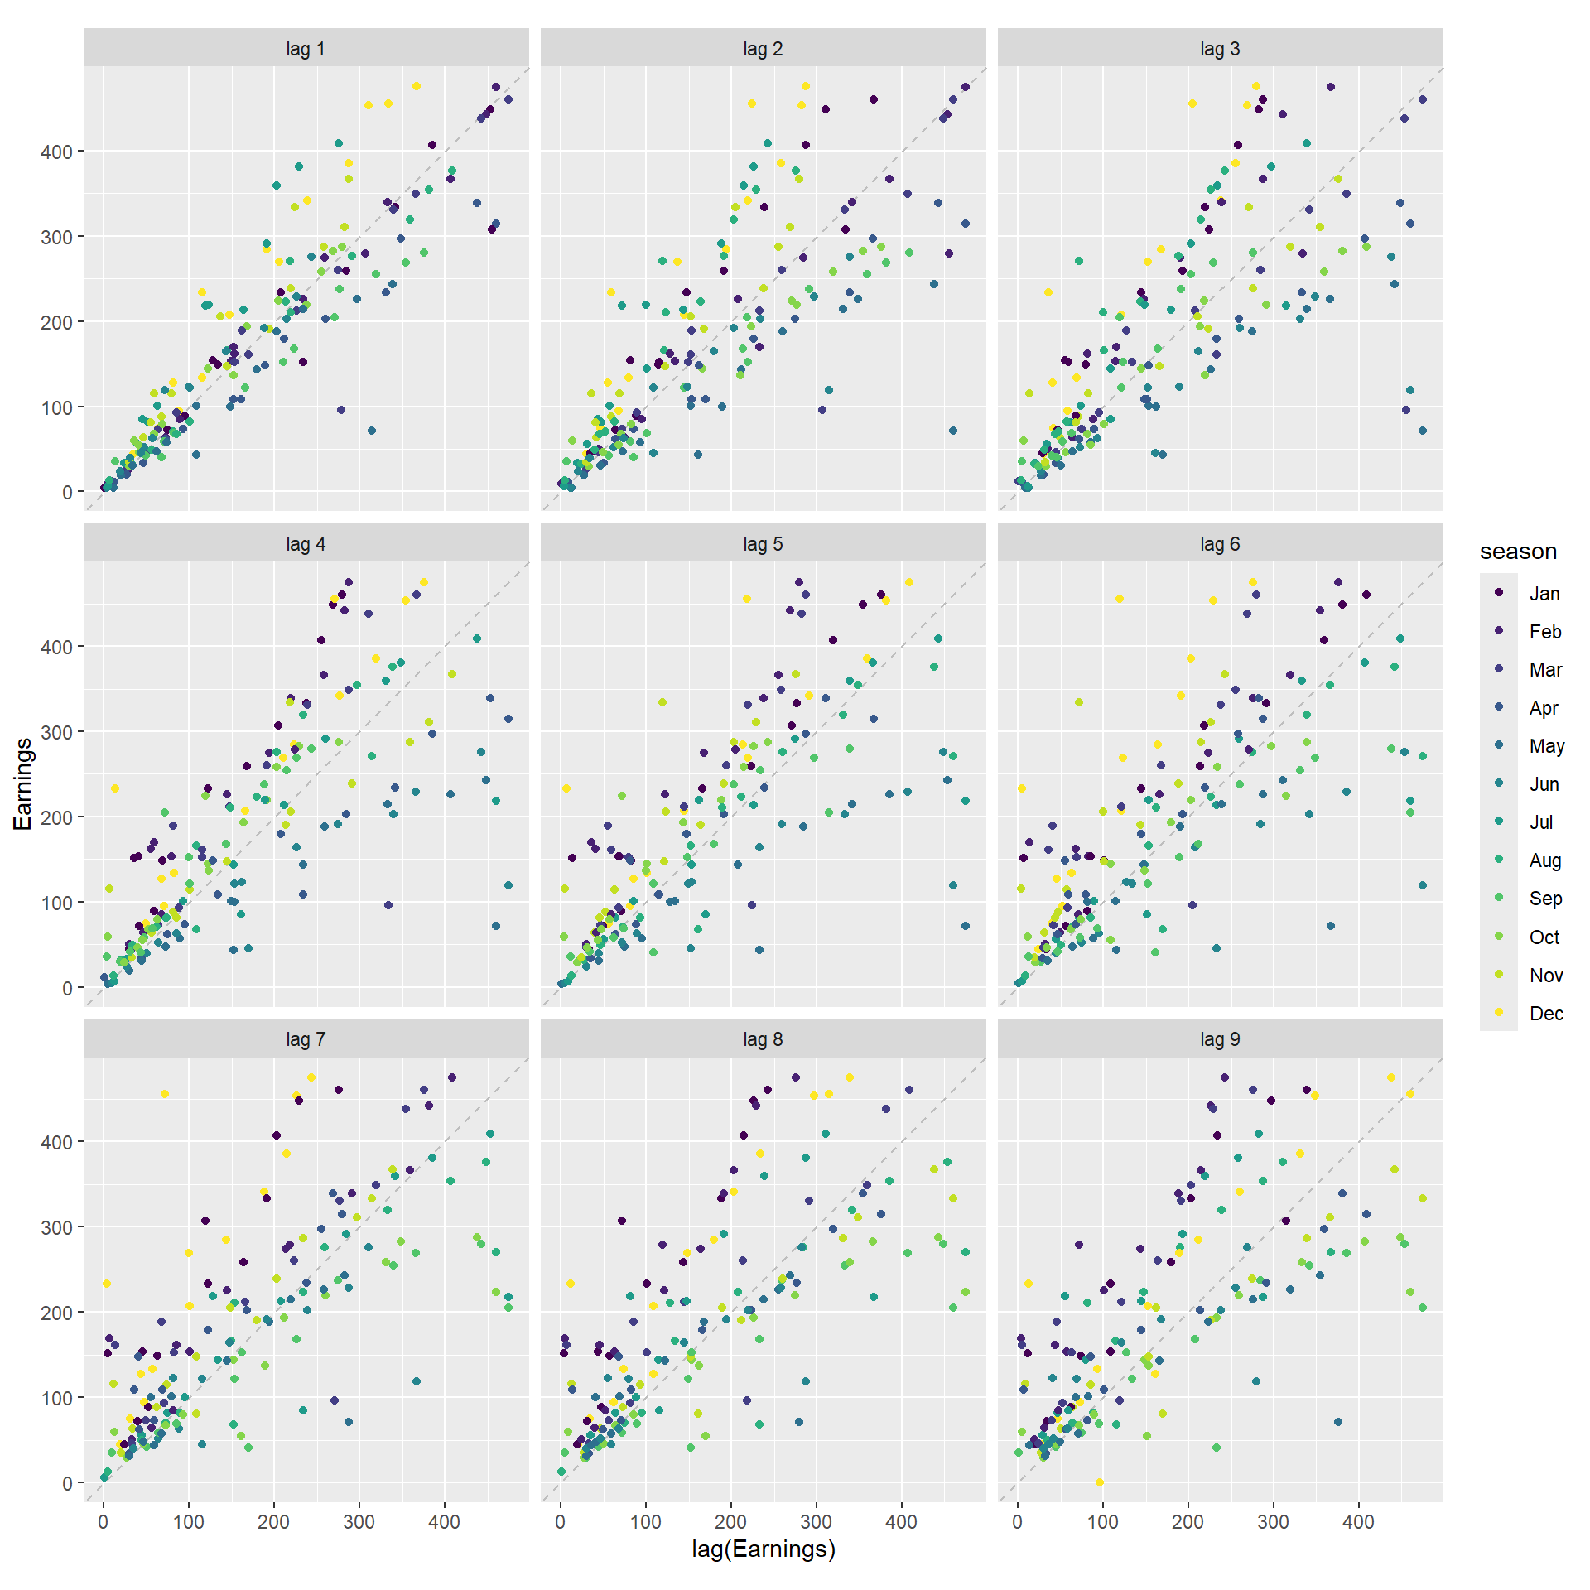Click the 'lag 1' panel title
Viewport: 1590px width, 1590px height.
(306, 49)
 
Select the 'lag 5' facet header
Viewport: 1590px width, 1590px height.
(763, 544)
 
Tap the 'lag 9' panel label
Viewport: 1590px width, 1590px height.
(1220, 1039)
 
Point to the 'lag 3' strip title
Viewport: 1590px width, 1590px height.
(1220, 49)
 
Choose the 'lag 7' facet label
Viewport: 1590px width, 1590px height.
(306, 1039)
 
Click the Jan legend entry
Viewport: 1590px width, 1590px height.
(1544, 594)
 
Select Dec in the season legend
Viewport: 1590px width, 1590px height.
(1545, 1014)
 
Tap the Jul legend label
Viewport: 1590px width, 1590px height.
(1540, 822)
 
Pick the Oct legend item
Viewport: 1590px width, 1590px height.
(1544, 937)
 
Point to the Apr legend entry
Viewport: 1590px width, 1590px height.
(1544, 708)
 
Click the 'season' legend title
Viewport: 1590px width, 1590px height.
(1518, 552)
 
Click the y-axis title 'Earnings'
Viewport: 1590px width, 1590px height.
(22, 783)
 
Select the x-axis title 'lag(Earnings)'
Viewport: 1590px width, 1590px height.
(763, 1549)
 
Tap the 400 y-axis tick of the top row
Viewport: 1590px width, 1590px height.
(56, 152)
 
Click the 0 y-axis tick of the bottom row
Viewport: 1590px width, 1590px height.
(67, 1483)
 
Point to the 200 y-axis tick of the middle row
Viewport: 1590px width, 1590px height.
(56, 817)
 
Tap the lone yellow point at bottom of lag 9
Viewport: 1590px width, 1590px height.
(1099, 1482)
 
